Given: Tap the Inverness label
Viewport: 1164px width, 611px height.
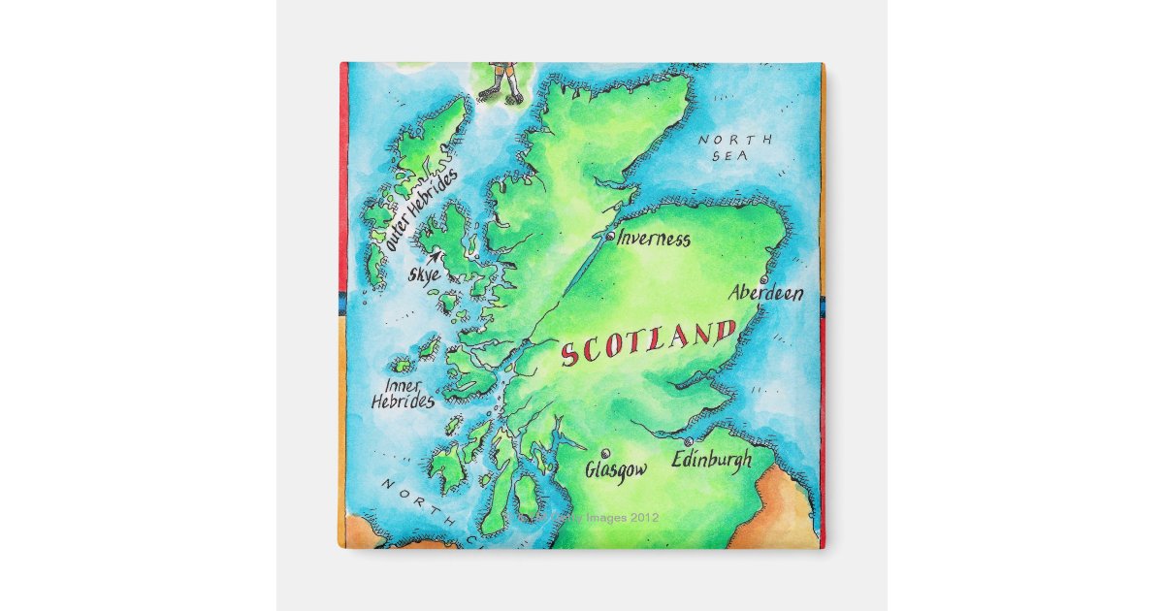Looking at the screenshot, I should (x=654, y=239).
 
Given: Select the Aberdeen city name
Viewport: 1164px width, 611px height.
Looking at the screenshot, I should (x=766, y=292).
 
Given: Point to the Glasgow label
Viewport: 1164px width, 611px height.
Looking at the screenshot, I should (x=616, y=469).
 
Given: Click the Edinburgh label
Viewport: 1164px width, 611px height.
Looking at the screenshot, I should (x=712, y=460).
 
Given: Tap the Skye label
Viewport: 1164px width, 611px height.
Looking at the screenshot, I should (x=424, y=274).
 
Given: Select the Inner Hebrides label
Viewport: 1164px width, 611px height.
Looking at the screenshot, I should (x=403, y=393).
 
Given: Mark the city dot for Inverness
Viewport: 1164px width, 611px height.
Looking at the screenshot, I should (x=609, y=236).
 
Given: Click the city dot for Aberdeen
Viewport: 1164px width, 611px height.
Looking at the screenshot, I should (x=763, y=278).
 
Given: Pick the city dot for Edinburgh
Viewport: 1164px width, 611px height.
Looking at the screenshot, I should (x=688, y=441).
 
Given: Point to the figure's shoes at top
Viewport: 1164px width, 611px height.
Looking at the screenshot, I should (x=501, y=94).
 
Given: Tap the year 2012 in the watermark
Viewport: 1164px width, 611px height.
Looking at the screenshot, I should (x=640, y=518).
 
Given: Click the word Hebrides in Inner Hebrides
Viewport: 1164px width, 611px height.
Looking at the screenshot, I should (x=403, y=401).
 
